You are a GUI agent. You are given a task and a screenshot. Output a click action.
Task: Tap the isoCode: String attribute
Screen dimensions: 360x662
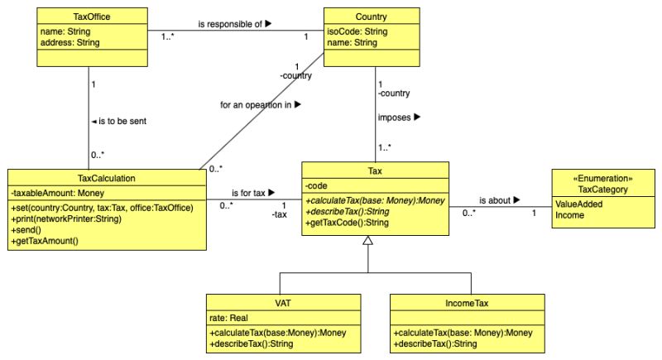point(357,31)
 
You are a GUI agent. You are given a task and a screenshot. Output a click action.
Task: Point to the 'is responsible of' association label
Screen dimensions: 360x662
point(235,25)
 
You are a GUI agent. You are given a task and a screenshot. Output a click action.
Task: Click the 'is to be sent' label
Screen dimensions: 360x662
point(120,122)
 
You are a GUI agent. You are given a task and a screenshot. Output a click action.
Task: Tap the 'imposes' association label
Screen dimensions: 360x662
point(399,118)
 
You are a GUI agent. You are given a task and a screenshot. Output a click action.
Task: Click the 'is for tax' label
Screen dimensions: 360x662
point(252,192)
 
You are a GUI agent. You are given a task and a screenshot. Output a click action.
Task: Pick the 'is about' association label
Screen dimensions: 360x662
point(499,199)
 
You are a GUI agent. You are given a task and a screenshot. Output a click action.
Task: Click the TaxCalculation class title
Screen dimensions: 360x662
point(106,177)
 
